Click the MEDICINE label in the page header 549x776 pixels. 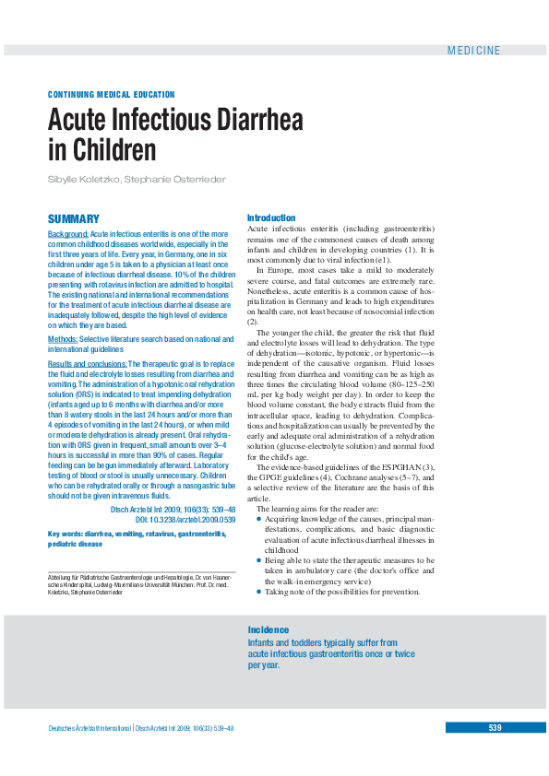[x=473, y=51]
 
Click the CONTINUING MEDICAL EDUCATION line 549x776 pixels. [x=111, y=95]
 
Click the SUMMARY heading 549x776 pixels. [x=74, y=219]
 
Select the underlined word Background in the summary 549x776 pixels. [x=68, y=235]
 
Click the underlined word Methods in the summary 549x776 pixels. [x=63, y=339]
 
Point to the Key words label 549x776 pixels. [x=66, y=534]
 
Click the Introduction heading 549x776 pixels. [x=271, y=218]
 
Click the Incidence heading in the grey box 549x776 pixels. [x=269, y=630]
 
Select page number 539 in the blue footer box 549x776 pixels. [x=495, y=728]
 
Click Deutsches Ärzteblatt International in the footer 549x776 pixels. [x=90, y=728]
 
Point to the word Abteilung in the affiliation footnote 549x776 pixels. [x=63, y=578]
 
